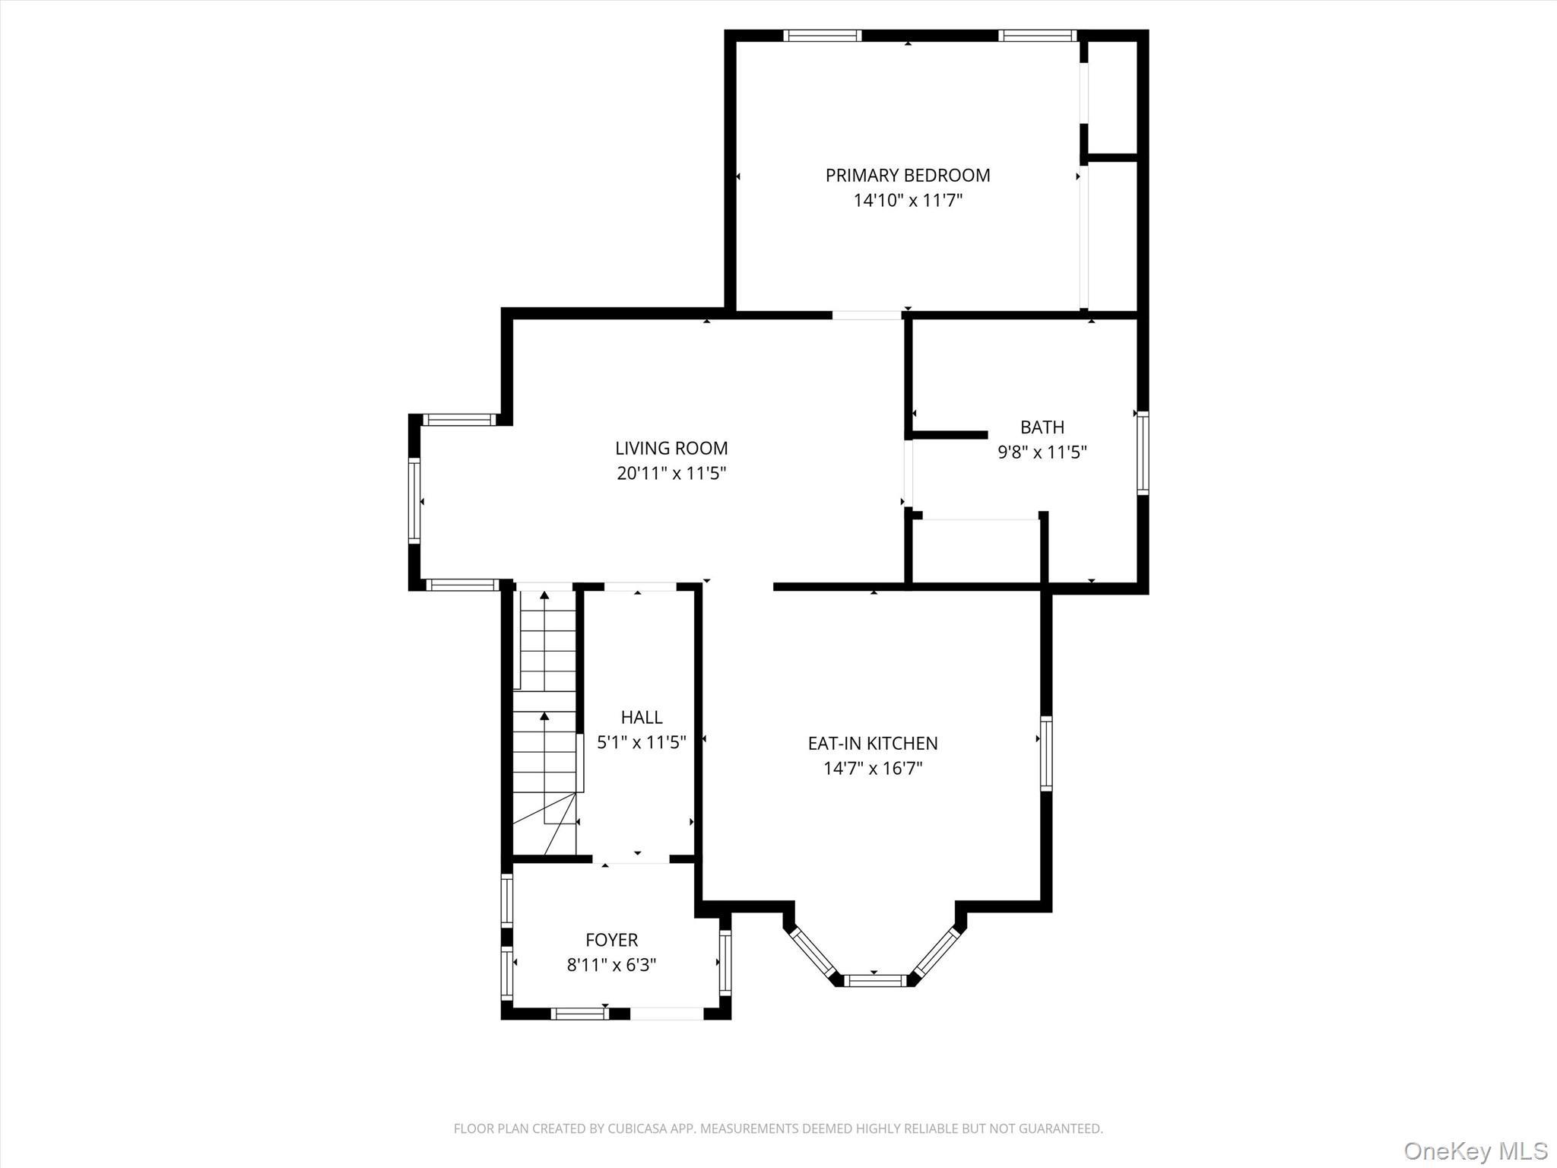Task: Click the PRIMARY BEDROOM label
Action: tap(908, 176)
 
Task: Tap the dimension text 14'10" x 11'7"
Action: tap(908, 201)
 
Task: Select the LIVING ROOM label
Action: tap(671, 449)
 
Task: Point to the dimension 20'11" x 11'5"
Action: tap(671, 474)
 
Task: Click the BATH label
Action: tap(1042, 427)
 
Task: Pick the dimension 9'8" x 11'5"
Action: tap(1042, 452)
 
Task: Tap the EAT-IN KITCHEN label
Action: tap(873, 743)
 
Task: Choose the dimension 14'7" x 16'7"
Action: tap(873, 768)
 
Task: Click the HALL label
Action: tap(642, 717)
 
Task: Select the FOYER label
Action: tap(611, 940)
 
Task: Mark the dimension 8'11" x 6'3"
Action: tap(611, 965)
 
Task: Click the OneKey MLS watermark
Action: tap(1475, 1151)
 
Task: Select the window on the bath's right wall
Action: tap(1142, 453)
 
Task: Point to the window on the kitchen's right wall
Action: tap(1046, 753)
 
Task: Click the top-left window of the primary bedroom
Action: tap(822, 35)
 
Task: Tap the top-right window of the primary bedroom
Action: tap(1037, 35)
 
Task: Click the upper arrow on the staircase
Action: tap(544, 596)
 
